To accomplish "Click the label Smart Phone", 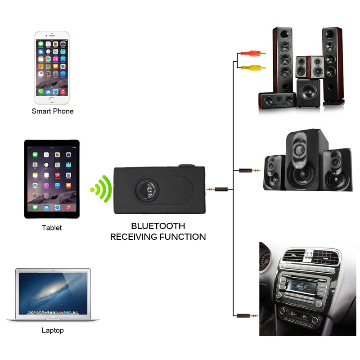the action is click(52, 111).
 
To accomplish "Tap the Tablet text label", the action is click(52, 228).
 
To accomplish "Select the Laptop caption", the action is click(53, 330).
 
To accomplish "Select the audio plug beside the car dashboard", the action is click(247, 316).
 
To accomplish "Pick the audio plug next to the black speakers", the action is click(250, 171).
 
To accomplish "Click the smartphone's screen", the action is click(52, 65).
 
